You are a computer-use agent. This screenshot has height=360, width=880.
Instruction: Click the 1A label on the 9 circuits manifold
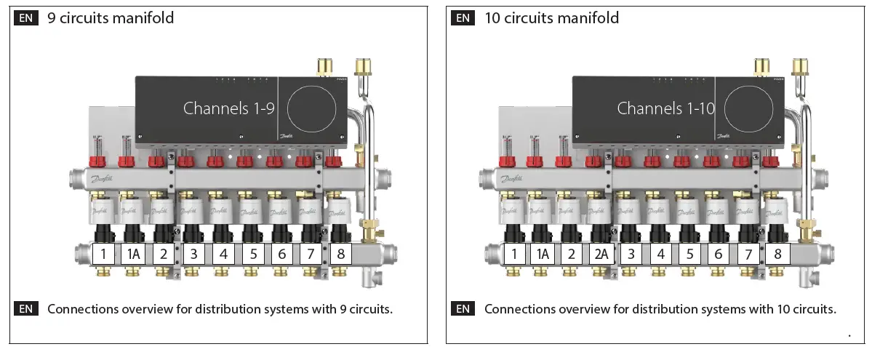(x=134, y=255)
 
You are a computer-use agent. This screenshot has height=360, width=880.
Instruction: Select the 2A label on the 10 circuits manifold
(x=601, y=255)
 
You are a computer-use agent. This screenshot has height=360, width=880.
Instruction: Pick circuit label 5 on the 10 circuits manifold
(x=689, y=255)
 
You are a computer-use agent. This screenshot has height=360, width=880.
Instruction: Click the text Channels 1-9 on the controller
(x=228, y=108)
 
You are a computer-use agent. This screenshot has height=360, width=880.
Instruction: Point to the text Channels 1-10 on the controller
(x=666, y=108)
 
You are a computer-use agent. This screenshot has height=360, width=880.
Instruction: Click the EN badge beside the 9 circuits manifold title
(x=26, y=17)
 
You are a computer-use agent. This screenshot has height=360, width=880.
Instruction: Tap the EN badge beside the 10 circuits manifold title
(x=463, y=17)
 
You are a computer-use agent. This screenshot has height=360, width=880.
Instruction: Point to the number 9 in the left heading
(x=52, y=17)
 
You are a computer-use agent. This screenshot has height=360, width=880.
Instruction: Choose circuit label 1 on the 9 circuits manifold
(x=104, y=255)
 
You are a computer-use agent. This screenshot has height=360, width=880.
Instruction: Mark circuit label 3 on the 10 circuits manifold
(x=631, y=255)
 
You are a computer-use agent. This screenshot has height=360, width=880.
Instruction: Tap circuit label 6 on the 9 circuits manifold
(x=282, y=255)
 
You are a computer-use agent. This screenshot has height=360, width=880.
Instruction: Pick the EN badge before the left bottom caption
(x=26, y=309)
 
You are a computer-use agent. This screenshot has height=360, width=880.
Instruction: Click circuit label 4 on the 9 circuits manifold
(x=223, y=255)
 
